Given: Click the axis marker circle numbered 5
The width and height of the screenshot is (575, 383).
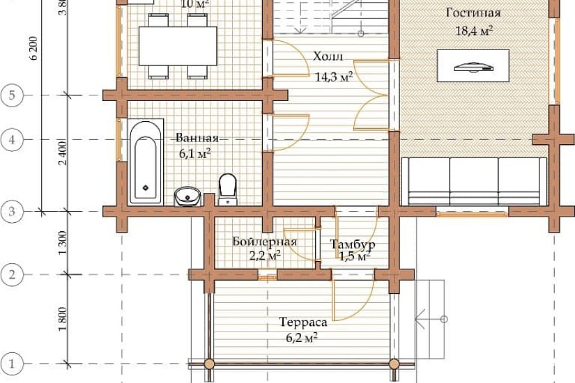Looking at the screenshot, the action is pyautogui.click(x=12, y=95).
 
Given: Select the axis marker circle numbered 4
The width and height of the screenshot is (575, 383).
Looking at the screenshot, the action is pyautogui.click(x=12, y=140).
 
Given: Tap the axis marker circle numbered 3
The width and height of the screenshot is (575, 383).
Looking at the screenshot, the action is pyautogui.click(x=12, y=212).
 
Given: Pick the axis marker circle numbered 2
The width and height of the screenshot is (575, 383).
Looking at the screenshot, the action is pyautogui.click(x=12, y=274).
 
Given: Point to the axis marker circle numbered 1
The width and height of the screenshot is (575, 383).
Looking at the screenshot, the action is pyautogui.click(x=12, y=364).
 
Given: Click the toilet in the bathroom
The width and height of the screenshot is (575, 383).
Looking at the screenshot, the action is pyautogui.click(x=228, y=189).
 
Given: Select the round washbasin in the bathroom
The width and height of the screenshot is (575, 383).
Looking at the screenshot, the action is pyautogui.click(x=187, y=196).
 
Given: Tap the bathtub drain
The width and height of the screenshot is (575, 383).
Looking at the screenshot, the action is pyautogui.click(x=146, y=188).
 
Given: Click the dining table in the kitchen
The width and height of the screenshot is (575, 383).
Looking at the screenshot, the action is pyautogui.click(x=178, y=46).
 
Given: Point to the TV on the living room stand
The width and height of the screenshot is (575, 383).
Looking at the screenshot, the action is pyautogui.click(x=473, y=67).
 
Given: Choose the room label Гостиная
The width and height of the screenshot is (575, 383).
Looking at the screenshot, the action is pyautogui.click(x=473, y=13).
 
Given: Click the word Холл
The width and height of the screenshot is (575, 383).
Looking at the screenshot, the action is pyautogui.click(x=328, y=57).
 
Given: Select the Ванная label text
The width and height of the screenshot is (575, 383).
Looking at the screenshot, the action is pyautogui.click(x=197, y=138).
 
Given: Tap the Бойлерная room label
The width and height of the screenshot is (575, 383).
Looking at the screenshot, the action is pyautogui.click(x=264, y=242).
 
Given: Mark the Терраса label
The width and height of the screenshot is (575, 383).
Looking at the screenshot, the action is pyautogui.click(x=303, y=322).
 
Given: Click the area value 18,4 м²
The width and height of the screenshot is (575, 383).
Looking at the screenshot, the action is pyautogui.click(x=474, y=31).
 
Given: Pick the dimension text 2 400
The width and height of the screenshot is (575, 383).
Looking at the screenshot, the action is pyautogui.click(x=63, y=153).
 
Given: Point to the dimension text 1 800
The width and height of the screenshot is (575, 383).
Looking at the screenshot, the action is pyautogui.click(x=63, y=319).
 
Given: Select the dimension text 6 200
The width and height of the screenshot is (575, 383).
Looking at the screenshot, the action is pyautogui.click(x=33, y=48).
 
